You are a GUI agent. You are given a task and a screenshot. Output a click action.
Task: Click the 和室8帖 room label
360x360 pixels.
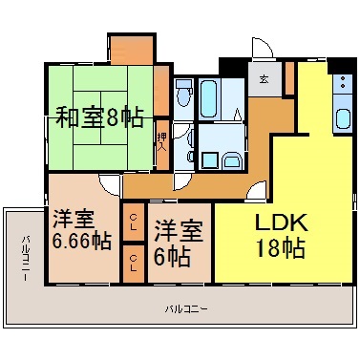click(x=99, y=117)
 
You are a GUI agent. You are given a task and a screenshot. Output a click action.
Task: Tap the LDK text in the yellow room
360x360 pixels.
click(x=282, y=222)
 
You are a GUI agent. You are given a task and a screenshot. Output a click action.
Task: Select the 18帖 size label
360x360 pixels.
click(x=281, y=247)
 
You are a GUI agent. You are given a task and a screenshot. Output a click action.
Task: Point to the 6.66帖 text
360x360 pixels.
click(x=81, y=242)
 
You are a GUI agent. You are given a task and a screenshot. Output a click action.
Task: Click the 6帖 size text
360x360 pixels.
click(x=172, y=257)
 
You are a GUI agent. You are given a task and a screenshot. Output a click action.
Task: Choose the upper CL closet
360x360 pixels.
click(x=134, y=222)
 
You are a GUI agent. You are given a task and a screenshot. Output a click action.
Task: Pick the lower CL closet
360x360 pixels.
click(x=134, y=265)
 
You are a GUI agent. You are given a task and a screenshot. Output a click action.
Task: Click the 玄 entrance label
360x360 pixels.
click(x=264, y=78)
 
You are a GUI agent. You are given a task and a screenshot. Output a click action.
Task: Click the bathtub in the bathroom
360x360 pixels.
click(x=209, y=98)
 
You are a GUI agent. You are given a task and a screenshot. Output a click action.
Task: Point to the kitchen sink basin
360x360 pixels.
click(x=343, y=118)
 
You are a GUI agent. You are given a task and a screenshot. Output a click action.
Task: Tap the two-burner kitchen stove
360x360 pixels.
click(x=343, y=83)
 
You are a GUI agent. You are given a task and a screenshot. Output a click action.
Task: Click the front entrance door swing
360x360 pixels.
click(x=263, y=48)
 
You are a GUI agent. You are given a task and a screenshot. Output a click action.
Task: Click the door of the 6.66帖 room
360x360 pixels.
click(x=110, y=185)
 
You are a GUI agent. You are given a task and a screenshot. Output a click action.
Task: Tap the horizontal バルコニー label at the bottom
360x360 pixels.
click(x=186, y=308)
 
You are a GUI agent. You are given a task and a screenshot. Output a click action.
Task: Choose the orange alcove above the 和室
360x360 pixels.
click(x=132, y=51)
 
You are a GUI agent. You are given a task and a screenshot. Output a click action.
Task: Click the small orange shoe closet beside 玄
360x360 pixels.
click(x=289, y=78)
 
